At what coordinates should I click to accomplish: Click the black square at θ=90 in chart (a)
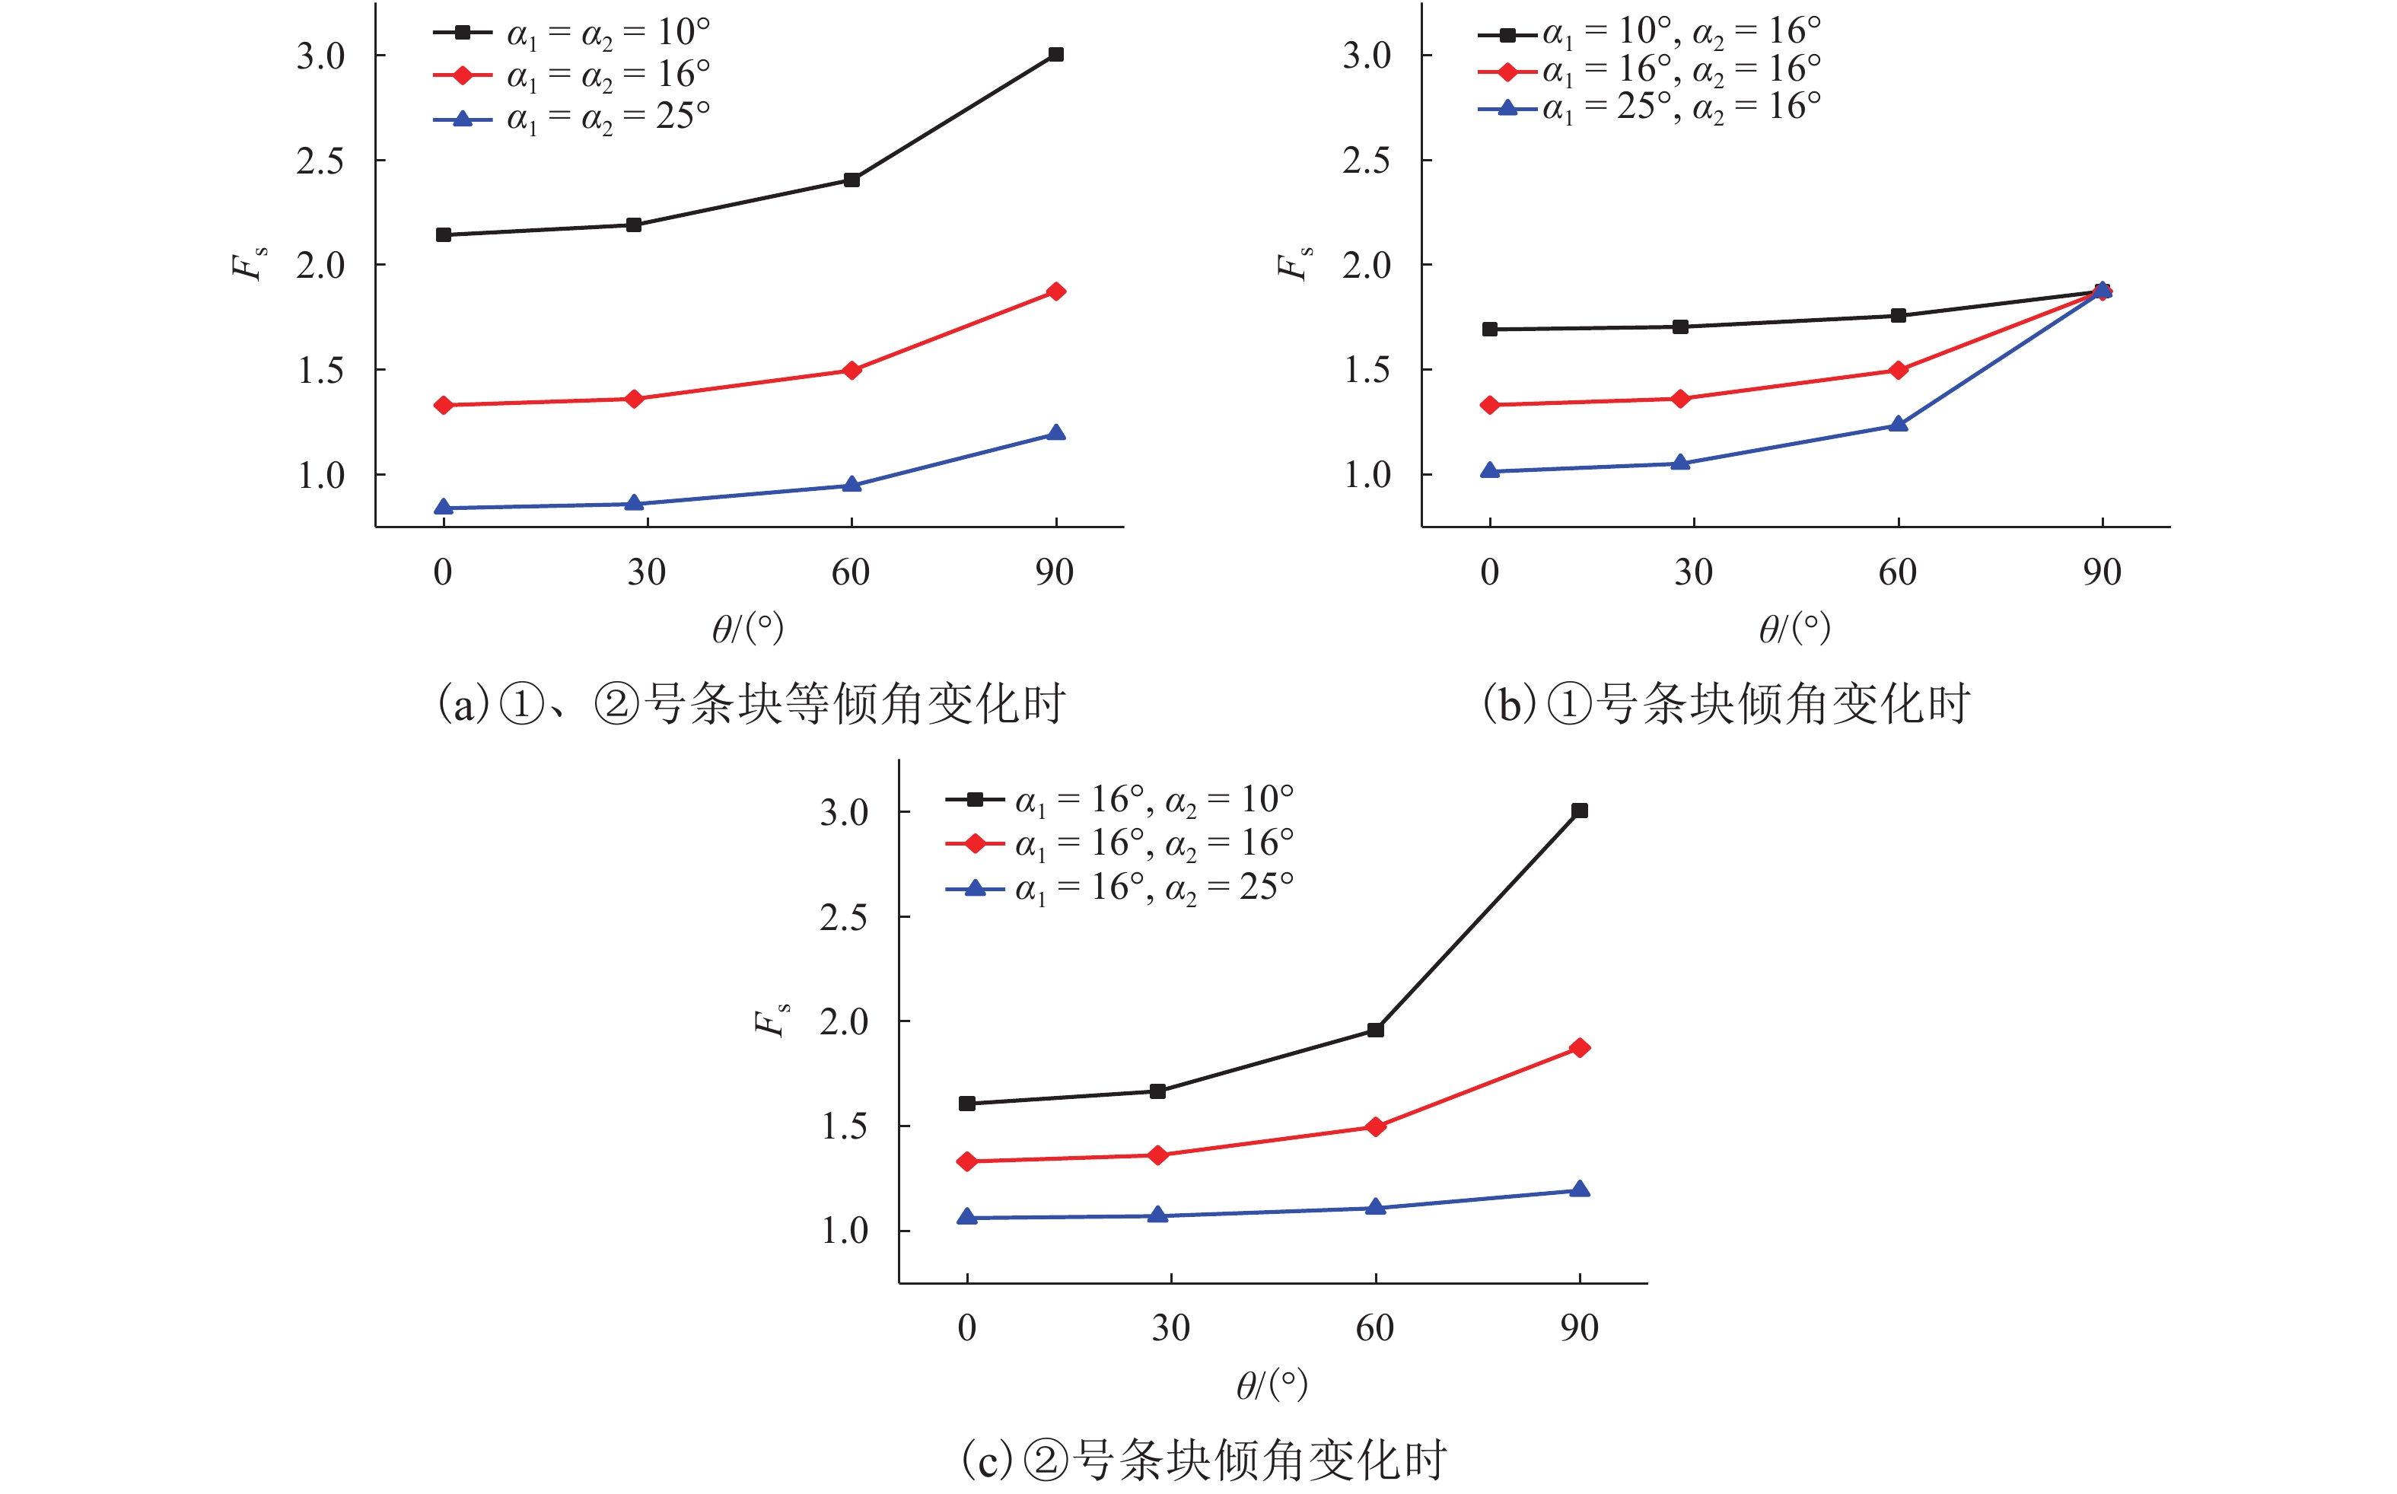coord(1055,54)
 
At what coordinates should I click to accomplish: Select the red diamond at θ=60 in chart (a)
coord(852,371)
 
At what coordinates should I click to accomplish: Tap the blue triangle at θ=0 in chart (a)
coord(444,507)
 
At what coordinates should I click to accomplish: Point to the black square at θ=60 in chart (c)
coord(1375,1030)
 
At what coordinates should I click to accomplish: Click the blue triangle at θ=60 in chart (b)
coord(1897,425)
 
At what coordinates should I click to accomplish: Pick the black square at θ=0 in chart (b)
coord(1489,329)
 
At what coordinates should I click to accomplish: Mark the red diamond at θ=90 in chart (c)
coord(1579,1047)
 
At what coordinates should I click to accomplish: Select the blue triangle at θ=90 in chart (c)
coord(1579,1189)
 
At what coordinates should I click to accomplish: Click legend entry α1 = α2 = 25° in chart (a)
coord(607,117)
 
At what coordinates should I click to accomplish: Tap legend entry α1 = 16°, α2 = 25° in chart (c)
coord(1154,888)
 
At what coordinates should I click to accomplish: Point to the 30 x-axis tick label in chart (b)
coord(1693,572)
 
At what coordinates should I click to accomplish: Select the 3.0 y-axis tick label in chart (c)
coord(845,812)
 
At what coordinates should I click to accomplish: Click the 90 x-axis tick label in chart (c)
coord(1579,1328)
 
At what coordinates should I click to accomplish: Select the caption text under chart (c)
coord(1204,1460)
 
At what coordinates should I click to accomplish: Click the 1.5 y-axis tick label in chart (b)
coord(1367,371)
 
